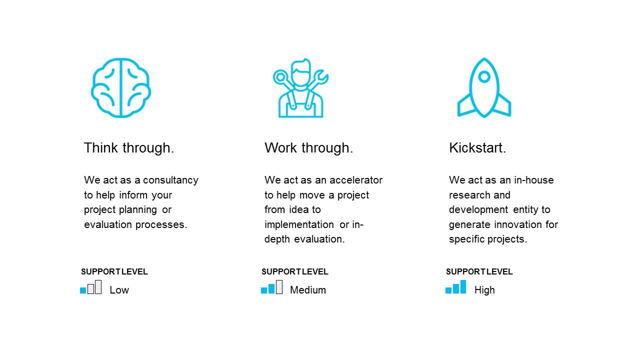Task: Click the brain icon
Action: [x=121, y=87]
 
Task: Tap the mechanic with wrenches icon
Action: [x=300, y=87]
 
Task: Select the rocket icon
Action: [x=484, y=87]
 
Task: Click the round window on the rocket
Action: [x=484, y=76]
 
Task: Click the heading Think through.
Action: [x=129, y=148]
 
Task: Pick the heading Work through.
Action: [x=308, y=148]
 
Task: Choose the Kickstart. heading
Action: [x=477, y=148]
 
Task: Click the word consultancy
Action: [x=170, y=180]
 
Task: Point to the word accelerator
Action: [x=355, y=180]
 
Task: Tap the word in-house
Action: [x=533, y=180]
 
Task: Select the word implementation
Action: [x=299, y=224]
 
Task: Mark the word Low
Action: [x=119, y=290]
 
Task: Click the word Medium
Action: [x=307, y=290]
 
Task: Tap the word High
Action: [x=484, y=290]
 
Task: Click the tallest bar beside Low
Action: [x=98, y=287]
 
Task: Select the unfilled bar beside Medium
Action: [x=279, y=287]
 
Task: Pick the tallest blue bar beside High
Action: [x=463, y=287]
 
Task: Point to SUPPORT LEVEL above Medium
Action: [x=294, y=271]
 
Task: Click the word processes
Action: [x=161, y=225]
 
